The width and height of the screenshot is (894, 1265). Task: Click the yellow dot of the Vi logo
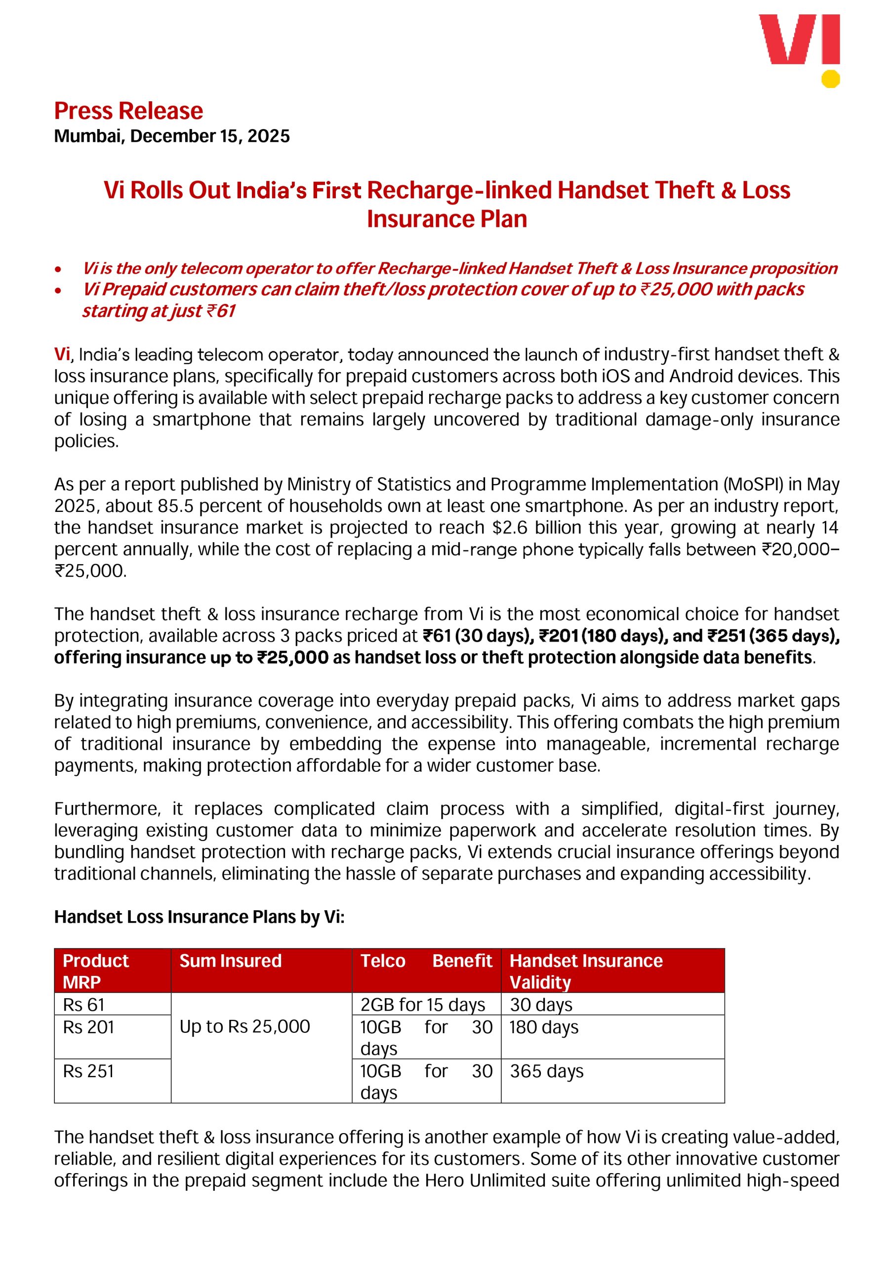click(x=830, y=79)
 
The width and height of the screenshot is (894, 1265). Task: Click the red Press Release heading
click(x=128, y=111)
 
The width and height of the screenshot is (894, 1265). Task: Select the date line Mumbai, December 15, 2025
click(x=172, y=136)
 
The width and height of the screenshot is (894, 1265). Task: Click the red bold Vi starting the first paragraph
click(x=62, y=354)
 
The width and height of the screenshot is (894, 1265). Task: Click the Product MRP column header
click(x=96, y=971)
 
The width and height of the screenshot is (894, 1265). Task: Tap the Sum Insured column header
click(x=230, y=961)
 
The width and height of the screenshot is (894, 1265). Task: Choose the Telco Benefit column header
click(x=426, y=961)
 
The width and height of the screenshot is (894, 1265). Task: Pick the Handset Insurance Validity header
click(x=585, y=971)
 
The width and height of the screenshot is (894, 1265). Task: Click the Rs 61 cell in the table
click(x=84, y=1005)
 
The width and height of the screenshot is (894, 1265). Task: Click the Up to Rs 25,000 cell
click(x=244, y=1026)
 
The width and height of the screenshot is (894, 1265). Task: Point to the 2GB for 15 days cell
click(x=422, y=1005)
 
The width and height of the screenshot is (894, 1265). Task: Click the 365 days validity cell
click(x=546, y=1071)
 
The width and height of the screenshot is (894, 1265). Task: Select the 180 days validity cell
click(x=544, y=1027)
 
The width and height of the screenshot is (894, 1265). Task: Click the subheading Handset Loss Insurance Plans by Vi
click(x=199, y=917)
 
